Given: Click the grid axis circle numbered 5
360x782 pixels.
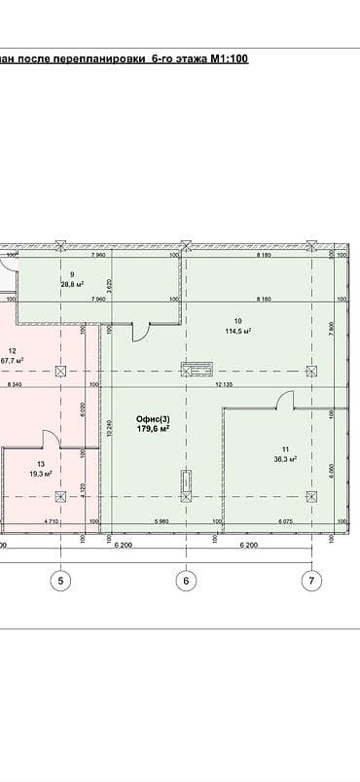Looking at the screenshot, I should coord(63,581).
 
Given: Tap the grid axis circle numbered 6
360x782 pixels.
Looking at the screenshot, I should coord(186,581).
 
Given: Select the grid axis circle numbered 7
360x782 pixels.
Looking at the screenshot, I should coord(310,581).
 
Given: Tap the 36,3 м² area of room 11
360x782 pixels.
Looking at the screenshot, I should coord(283,458).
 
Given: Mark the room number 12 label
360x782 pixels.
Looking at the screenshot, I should coord(12,351).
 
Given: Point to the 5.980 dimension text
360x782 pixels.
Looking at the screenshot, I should coord(162,523).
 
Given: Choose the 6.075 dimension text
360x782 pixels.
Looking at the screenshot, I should coord(284,523).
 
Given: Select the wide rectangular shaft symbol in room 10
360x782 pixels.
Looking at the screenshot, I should coord(196,369).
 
